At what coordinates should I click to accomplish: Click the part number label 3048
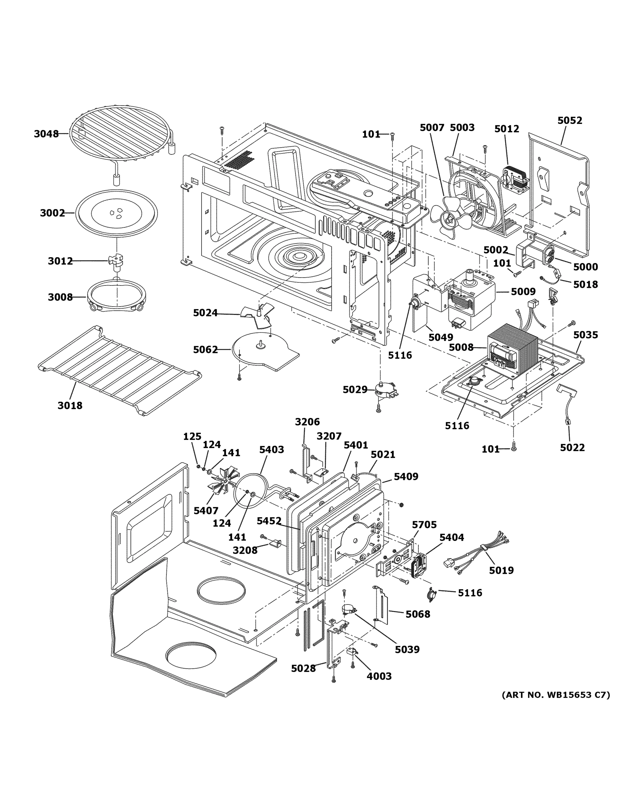[46, 134]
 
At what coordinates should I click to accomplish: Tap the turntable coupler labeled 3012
[116, 260]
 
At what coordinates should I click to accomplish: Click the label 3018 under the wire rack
[70, 406]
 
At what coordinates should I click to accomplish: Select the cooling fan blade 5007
[450, 218]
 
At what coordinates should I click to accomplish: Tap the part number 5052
[570, 121]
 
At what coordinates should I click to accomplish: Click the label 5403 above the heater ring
[271, 449]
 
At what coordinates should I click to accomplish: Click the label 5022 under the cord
[572, 448]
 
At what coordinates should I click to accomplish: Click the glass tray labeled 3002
[116, 213]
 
